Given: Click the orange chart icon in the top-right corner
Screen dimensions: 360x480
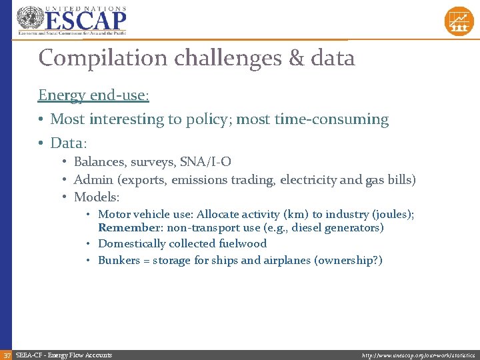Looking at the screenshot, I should pyautogui.click(x=459, y=21).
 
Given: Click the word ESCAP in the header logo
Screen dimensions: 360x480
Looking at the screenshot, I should pyautogui.click(x=85, y=20).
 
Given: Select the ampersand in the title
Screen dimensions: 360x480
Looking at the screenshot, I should pyautogui.click(x=296, y=58).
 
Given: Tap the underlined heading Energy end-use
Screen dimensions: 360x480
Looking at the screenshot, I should pyautogui.click(x=93, y=95).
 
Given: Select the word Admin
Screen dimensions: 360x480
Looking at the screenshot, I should pyautogui.click(x=93, y=179).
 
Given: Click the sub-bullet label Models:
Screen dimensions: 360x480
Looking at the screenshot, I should pyautogui.click(x=97, y=197).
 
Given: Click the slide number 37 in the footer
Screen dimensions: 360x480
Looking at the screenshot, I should pyautogui.click(x=6, y=355).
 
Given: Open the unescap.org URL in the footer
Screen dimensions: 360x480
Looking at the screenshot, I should pyautogui.click(x=418, y=355).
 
